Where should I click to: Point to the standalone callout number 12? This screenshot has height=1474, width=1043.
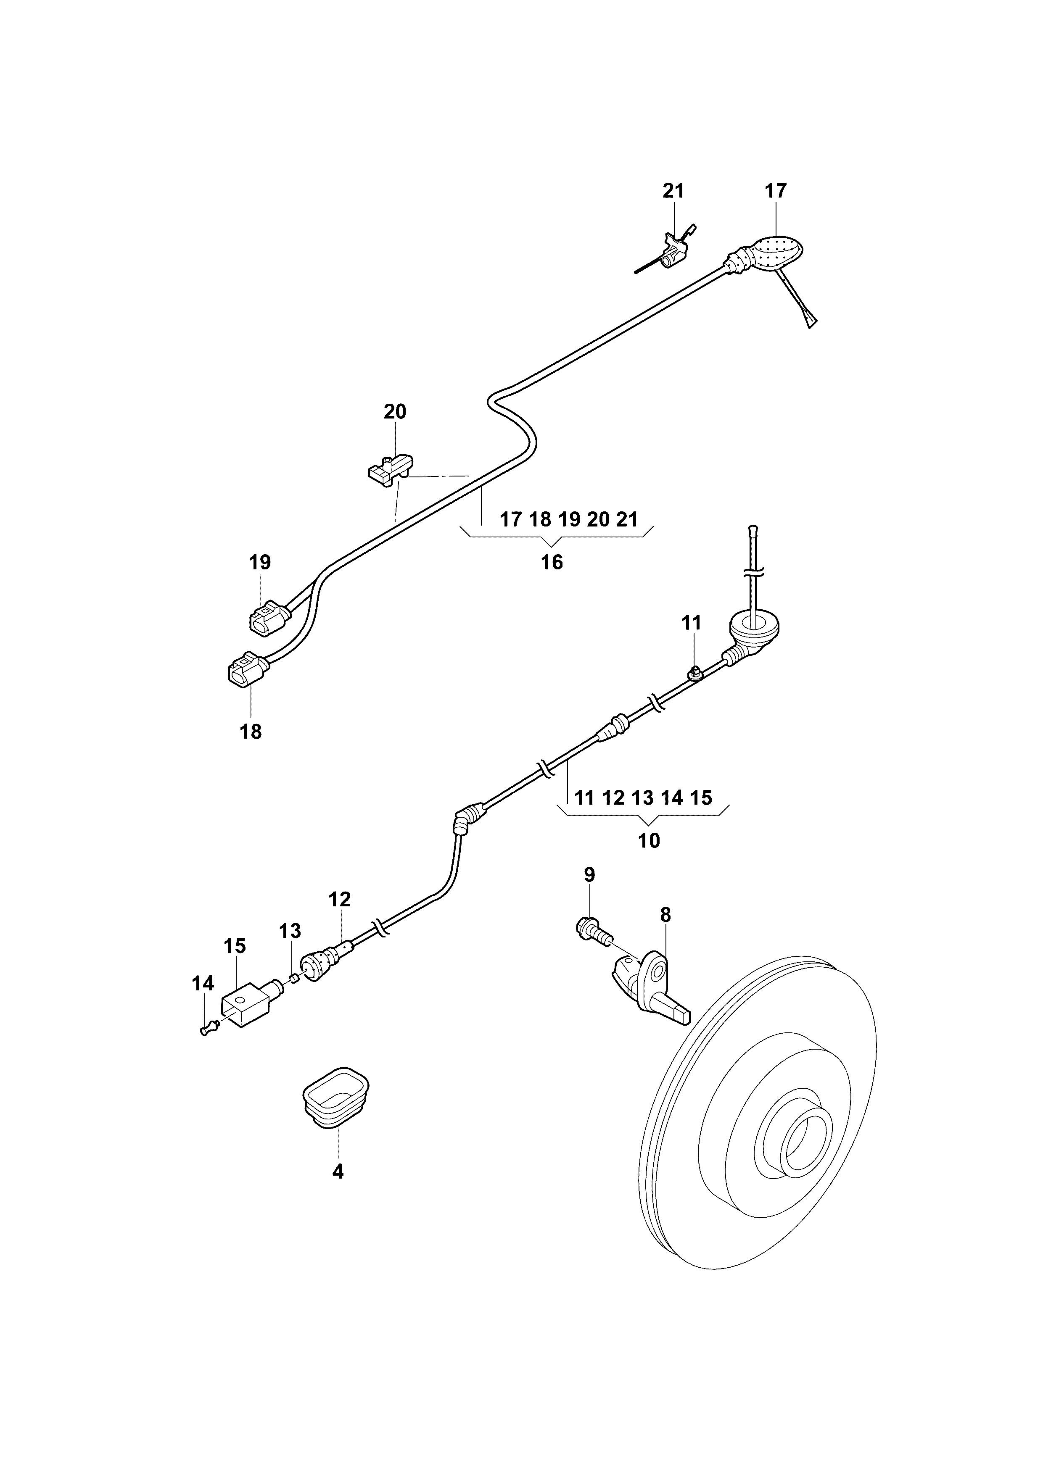(339, 900)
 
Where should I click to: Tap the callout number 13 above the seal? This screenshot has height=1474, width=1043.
(290, 930)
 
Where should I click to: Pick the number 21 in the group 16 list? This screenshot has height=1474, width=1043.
(627, 519)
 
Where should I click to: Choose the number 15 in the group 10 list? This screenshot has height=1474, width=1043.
(701, 798)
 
